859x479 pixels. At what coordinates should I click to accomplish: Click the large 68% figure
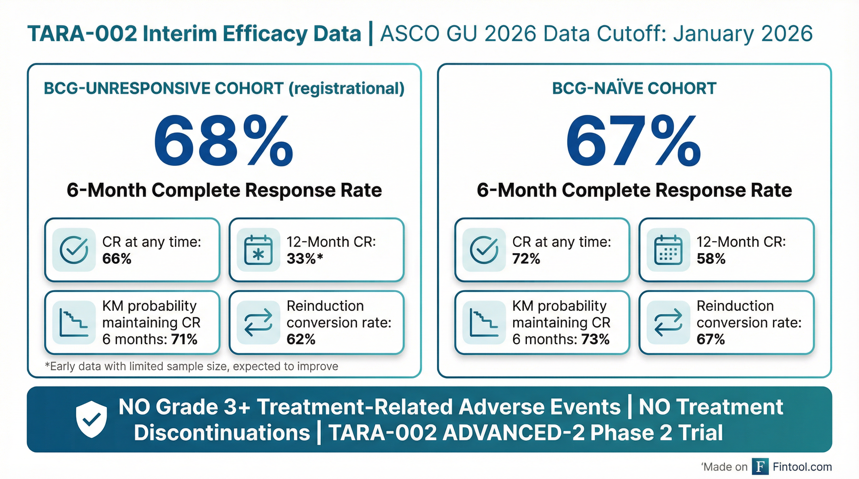[x=223, y=142]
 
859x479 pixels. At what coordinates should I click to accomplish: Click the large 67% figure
[x=634, y=142]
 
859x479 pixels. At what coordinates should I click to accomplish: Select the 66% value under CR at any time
[x=117, y=259]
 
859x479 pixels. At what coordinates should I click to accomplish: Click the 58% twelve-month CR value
[x=711, y=259]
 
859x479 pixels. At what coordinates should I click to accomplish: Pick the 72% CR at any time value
[x=526, y=259]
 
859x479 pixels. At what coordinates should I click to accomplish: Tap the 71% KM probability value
[x=184, y=339]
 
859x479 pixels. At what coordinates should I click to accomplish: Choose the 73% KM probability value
[x=596, y=339]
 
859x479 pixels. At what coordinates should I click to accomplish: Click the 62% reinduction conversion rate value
[x=301, y=339]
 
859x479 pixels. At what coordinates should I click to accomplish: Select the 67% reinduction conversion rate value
[x=711, y=339]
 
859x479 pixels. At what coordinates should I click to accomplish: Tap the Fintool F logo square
[x=760, y=467]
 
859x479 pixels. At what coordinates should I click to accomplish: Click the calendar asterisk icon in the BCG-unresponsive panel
[x=258, y=250]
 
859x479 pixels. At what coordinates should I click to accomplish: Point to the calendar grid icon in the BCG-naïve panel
[x=668, y=250]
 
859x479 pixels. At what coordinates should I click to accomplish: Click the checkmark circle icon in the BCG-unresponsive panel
[x=74, y=250]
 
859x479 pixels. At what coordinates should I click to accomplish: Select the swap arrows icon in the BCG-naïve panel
[x=668, y=322]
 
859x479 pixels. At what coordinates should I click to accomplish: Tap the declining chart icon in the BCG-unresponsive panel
[x=74, y=322]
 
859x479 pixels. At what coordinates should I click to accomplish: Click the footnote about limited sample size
[x=191, y=366]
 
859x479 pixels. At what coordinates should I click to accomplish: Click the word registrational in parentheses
[x=346, y=89]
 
